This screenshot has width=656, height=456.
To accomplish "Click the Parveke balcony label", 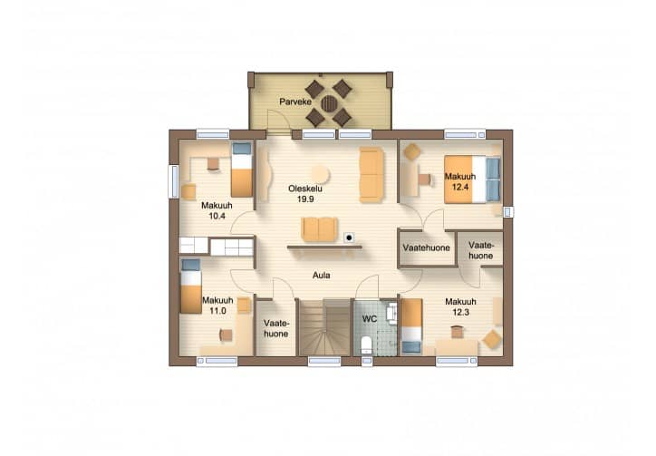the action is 295,102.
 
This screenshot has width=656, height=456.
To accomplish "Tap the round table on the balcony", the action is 328,103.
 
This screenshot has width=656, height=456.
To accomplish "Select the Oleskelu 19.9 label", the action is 305,194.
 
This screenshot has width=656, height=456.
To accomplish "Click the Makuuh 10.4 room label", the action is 217,210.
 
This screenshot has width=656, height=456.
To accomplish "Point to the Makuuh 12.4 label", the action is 460,181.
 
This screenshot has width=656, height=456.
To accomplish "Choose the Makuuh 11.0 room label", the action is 217,306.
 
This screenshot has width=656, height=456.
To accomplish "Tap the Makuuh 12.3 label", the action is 460,306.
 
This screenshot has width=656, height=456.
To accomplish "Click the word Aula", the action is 322,275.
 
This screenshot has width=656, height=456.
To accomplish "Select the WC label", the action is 370,319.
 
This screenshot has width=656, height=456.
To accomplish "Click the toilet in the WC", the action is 366,345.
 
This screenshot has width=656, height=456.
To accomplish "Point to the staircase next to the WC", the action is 324,327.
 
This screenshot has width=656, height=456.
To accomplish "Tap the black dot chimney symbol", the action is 349,238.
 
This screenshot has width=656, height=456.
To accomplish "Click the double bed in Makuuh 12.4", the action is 472,179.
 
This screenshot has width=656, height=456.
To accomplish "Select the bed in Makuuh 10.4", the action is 242,170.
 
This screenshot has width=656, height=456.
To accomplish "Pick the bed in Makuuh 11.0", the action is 191,286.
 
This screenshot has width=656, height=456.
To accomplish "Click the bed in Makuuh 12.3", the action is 411,326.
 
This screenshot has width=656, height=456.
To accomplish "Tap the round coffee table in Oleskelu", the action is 321,174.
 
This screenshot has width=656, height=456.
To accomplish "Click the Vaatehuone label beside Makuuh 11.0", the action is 275,328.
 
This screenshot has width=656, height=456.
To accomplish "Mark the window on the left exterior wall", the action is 173,181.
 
